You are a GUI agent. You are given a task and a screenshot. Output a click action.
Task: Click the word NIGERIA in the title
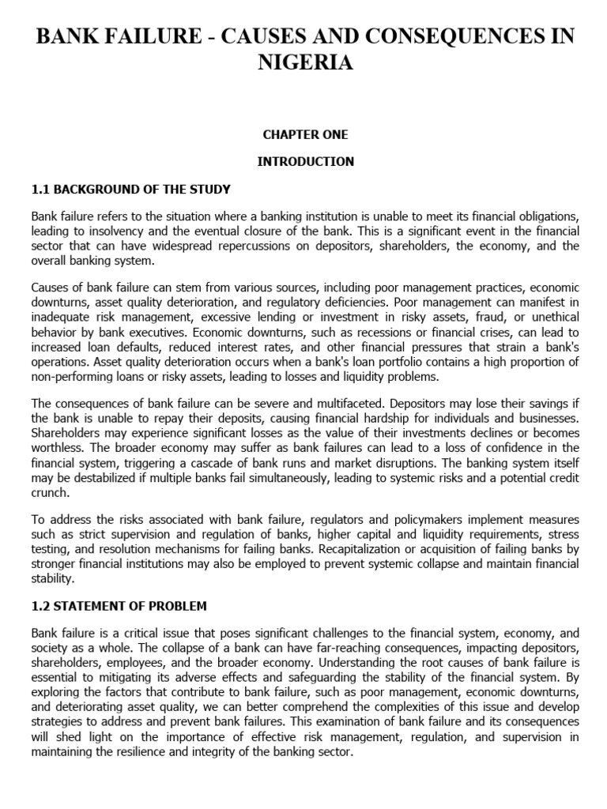click(x=305, y=62)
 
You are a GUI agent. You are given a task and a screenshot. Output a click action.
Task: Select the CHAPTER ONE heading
click(x=305, y=134)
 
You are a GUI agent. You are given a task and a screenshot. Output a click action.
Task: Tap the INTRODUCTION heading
click(x=305, y=161)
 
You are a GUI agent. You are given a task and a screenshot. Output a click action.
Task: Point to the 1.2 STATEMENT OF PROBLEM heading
click(x=119, y=606)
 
